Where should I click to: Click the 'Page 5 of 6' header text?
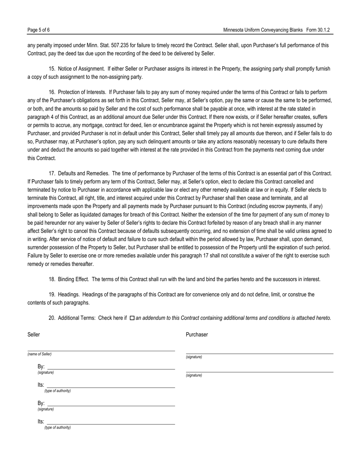(39, 30)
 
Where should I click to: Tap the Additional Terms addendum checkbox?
(132, 318)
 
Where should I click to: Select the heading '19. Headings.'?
(64, 294)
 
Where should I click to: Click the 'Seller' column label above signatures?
(34, 335)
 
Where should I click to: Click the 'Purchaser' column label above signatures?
(197, 335)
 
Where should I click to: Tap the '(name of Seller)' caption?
(39, 354)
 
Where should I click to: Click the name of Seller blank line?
(101, 350)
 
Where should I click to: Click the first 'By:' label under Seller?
(41, 367)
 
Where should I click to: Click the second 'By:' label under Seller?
(41, 403)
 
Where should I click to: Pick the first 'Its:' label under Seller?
(41, 385)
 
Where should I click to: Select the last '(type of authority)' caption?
(57, 427)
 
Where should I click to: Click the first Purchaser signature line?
(260, 353)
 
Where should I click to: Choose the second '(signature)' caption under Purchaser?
(194, 375)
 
